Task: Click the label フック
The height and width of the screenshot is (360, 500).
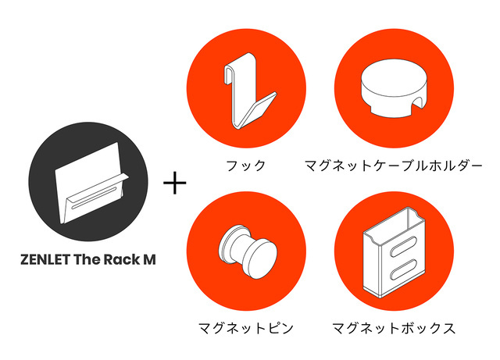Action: click(x=245, y=166)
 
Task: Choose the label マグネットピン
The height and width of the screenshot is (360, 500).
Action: click(x=246, y=328)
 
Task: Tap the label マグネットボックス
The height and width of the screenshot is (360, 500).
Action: click(x=393, y=328)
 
